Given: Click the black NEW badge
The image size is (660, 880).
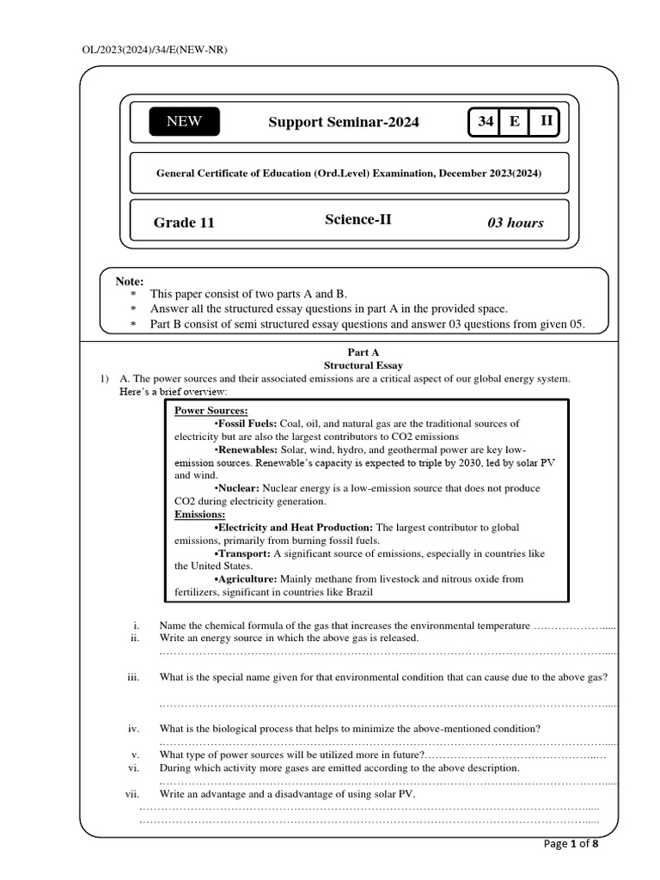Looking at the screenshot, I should tap(184, 121).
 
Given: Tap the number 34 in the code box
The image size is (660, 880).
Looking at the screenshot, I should tap(486, 121).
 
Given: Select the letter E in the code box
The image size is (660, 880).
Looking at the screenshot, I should tap(515, 121).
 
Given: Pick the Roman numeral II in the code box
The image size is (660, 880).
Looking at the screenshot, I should tap(546, 121).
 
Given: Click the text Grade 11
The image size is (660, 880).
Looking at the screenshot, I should tap(184, 223).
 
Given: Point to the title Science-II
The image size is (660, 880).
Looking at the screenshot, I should tap(357, 219).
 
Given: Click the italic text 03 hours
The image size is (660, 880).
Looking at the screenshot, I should tap(516, 223).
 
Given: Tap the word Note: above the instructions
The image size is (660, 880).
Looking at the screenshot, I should tap(130, 282).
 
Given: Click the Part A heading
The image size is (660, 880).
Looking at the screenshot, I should tap(363, 352).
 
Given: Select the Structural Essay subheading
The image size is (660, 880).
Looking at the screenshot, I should tap(363, 365).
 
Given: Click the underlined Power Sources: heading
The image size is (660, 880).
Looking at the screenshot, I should tap(211, 411).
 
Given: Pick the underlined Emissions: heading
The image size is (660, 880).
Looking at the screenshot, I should tap(200, 514).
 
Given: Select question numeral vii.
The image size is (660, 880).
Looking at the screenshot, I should tap(132, 794).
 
